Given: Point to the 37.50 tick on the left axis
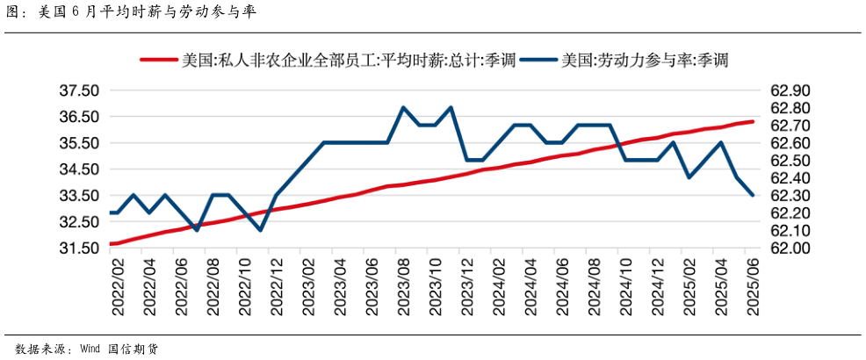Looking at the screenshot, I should [78, 90].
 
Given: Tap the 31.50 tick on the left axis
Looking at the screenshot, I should [78, 248].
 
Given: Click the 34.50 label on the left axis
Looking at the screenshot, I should [78, 169].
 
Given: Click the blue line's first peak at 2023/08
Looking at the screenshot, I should [402, 108].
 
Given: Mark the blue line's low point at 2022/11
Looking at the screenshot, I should [260, 230].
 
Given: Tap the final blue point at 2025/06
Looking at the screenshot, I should [753, 195].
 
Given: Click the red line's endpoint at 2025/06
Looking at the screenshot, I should [753, 122].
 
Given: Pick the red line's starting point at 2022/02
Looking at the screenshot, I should [112, 243].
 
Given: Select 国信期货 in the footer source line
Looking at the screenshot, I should [134, 348].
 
